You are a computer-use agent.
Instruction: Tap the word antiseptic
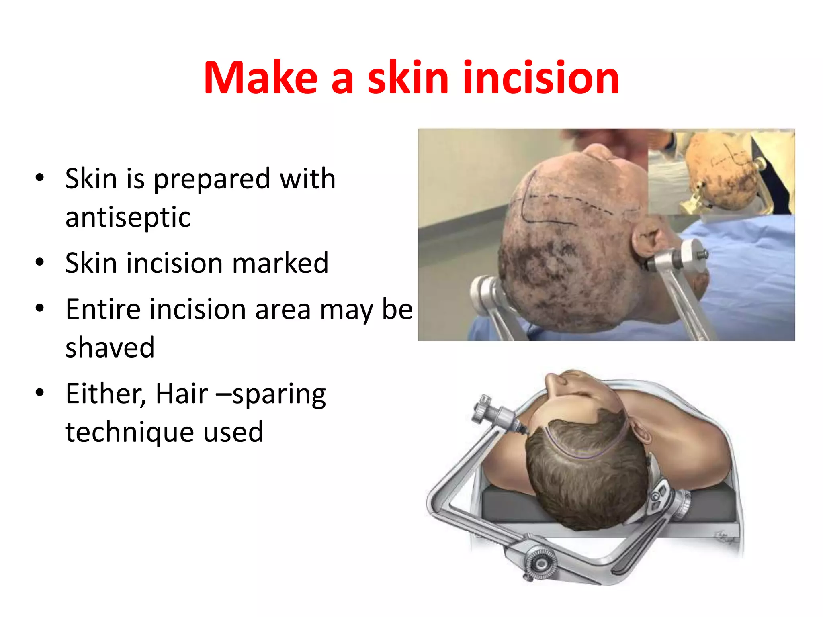[128, 217]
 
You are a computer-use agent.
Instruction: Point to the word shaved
[110, 347]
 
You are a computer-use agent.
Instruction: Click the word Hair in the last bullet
[182, 394]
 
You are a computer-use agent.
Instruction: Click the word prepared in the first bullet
[212, 179]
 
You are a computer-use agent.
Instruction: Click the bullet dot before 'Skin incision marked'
[39, 262]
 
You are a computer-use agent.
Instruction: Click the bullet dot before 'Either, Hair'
[39, 392]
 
